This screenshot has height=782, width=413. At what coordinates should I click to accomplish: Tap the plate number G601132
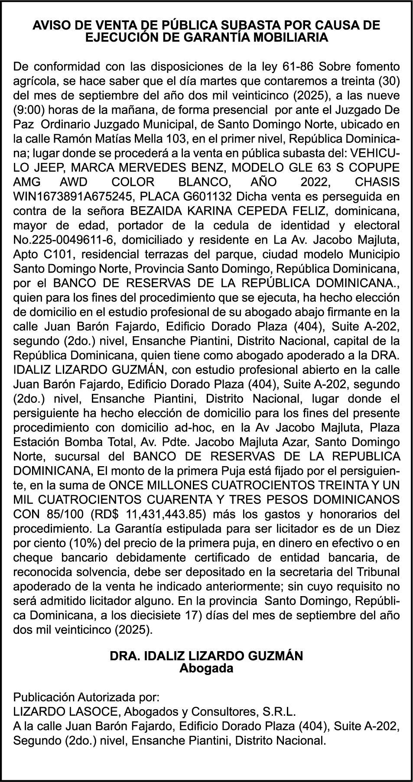[x=207, y=197]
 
